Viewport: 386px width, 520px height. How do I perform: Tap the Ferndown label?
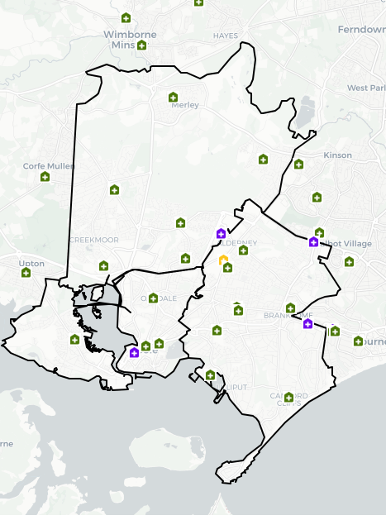[x=362, y=30]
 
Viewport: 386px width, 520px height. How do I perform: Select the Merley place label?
[x=185, y=105]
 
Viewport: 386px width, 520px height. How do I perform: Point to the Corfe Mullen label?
[x=49, y=166]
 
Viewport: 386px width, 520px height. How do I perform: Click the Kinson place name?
[x=338, y=155]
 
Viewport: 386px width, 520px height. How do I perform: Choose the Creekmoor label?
[x=94, y=240]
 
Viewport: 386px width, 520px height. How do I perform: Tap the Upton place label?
[x=31, y=264]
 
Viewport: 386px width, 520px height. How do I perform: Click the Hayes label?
[x=225, y=36]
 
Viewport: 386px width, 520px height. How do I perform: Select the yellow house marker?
[x=223, y=260]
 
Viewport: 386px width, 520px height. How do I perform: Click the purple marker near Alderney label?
[x=221, y=234]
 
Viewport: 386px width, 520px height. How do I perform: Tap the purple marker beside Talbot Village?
[x=313, y=242]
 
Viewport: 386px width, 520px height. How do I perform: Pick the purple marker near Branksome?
[x=307, y=323]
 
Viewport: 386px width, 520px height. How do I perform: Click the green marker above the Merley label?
[x=173, y=96]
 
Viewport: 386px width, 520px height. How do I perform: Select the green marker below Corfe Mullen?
[x=45, y=176]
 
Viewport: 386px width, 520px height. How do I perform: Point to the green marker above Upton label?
[x=26, y=272]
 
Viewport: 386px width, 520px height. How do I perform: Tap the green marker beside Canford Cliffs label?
[x=289, y=398]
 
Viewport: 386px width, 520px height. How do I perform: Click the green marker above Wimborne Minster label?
[x=126, y=17]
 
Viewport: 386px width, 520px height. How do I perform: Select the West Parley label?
[x=366, y=88]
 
